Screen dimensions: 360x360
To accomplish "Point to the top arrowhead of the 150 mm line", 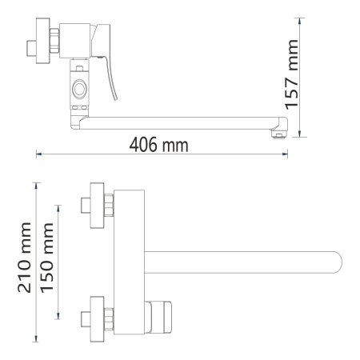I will pos(57,206).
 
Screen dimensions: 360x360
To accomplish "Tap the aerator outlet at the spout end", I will pos(277,135).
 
